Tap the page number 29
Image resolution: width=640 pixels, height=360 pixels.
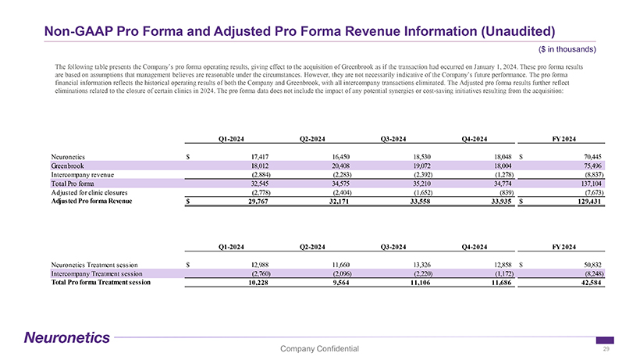606,349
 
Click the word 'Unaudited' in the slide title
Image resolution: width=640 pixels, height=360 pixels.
507,31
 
